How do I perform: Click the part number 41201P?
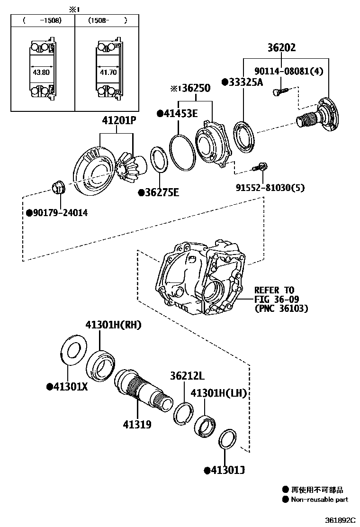pos(119,122)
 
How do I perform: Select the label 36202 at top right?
pos(281,47)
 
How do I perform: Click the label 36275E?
pos(160,192)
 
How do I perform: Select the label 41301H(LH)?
pos(218,393)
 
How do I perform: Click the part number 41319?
pos(138,424)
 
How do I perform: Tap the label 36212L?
pos(187,376)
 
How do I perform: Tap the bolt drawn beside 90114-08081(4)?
pos(278,91)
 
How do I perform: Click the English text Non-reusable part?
pos(319,499)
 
